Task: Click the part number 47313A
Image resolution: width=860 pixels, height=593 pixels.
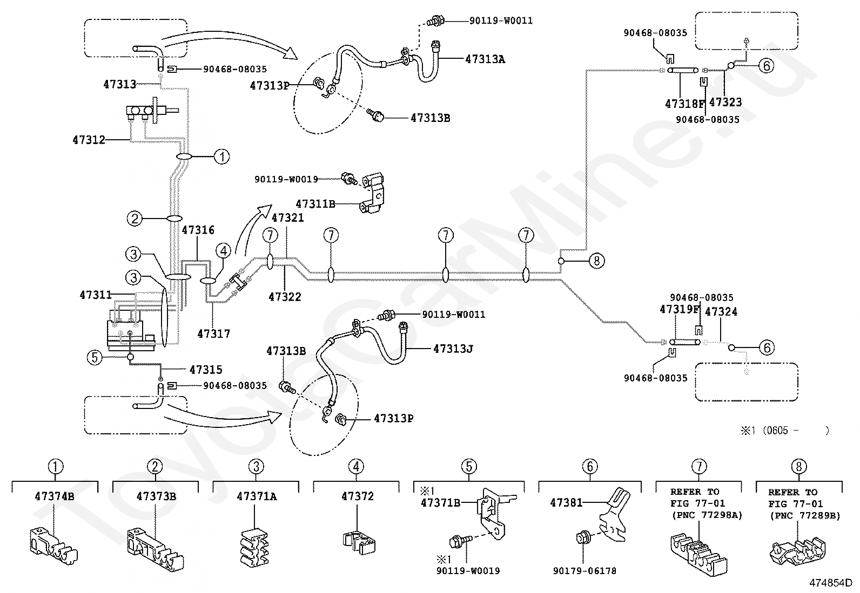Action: point(485,59)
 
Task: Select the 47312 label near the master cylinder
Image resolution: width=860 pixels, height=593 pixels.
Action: point(89,140)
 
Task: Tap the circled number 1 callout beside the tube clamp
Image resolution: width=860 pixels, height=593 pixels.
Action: point(221,156)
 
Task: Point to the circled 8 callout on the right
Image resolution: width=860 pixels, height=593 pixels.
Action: point(596,261)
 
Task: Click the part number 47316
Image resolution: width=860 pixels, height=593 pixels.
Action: point(198,230)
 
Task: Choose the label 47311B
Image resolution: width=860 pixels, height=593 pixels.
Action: point(315,203)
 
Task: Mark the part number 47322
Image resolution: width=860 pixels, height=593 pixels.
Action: point(285,297)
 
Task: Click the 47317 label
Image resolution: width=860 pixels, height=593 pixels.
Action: point(214,333)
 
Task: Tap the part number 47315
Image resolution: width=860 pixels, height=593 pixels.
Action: point(206,370)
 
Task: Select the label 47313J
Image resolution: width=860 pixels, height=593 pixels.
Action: point(453,349)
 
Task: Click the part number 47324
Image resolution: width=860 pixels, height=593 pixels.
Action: point(721,311)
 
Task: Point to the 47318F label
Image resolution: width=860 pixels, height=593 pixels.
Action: point(686,104)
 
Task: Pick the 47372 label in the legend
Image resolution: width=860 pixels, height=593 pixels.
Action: point(358,496)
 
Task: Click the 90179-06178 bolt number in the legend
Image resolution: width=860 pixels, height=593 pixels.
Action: point(584,571)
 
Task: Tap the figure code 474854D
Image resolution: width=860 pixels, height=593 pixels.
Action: point(831,583)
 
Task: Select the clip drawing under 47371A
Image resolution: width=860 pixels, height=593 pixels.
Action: point(254,548)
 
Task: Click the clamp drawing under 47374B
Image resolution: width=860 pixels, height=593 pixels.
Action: point(54,547)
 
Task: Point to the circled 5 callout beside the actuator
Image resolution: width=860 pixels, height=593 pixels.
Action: point(95,358)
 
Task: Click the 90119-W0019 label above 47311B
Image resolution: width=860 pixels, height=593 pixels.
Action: point(286,179)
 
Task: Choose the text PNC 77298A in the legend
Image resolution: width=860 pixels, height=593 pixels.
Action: point(707,515)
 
